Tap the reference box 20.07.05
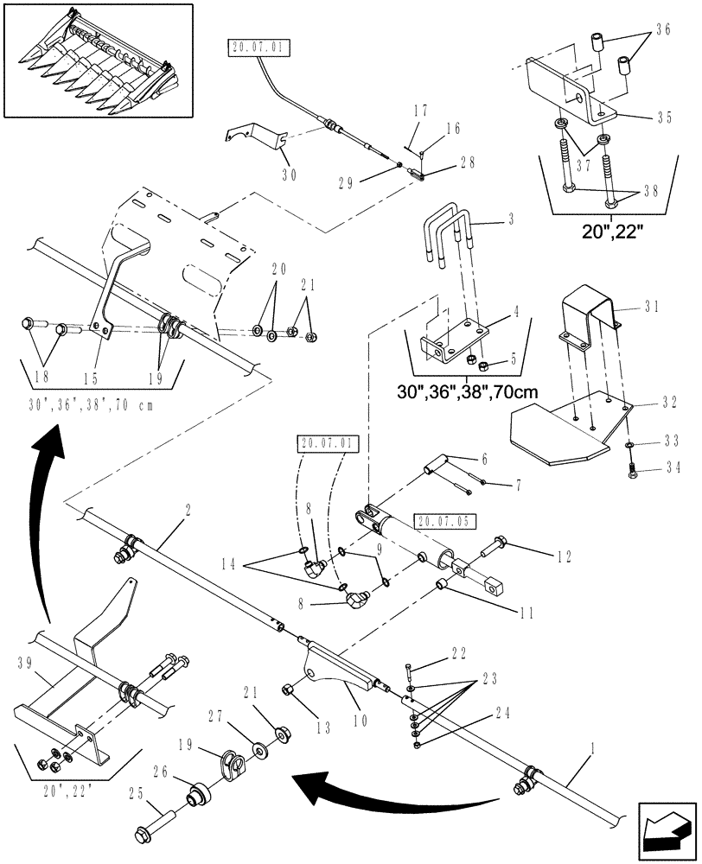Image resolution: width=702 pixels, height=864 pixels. click(444, 521)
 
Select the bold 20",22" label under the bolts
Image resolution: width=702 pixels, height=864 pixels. click(614, 232)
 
